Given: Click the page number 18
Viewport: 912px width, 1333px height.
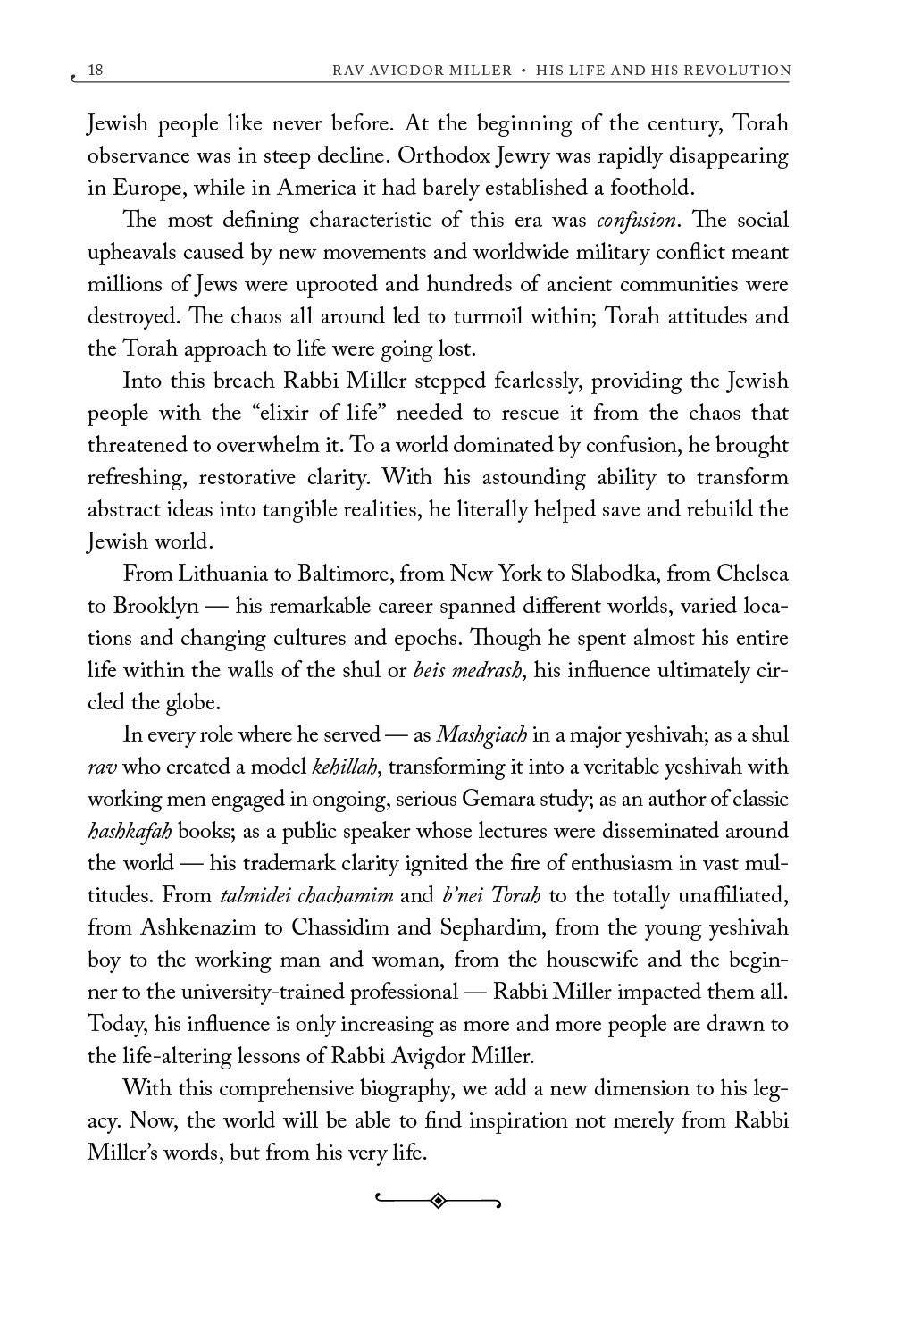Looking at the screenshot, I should (96, 70).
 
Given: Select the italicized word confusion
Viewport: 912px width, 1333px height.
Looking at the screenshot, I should (635, 220).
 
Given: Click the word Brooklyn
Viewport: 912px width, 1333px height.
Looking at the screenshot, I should (156, 606).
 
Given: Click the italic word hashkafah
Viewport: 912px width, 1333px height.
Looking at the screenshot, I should (130, 831).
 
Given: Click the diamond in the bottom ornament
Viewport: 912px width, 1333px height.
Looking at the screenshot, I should (438, 1201).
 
